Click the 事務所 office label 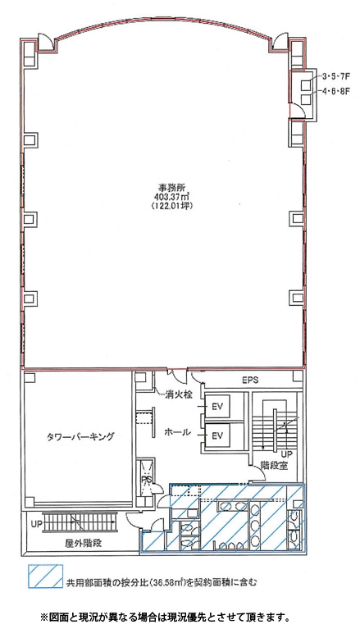(x=171, y=188)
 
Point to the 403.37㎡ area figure (x=171, y=197)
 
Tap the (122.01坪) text (x=171, y=206)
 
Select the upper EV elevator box (x=217, y=407)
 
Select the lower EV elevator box (x=217, y=435)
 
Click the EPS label (x=250, y=381)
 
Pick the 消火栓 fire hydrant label (x=178, y=394)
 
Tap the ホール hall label (x=177, y=432)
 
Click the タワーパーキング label (x=79, y=437)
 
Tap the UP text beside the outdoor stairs (x=36, y=524)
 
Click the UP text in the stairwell (x=287, y=453)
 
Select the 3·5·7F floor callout (x=336, y=76)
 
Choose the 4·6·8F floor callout (x=336, y=91)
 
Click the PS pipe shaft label (x=146, y=480)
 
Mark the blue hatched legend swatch (x=46, y=576)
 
